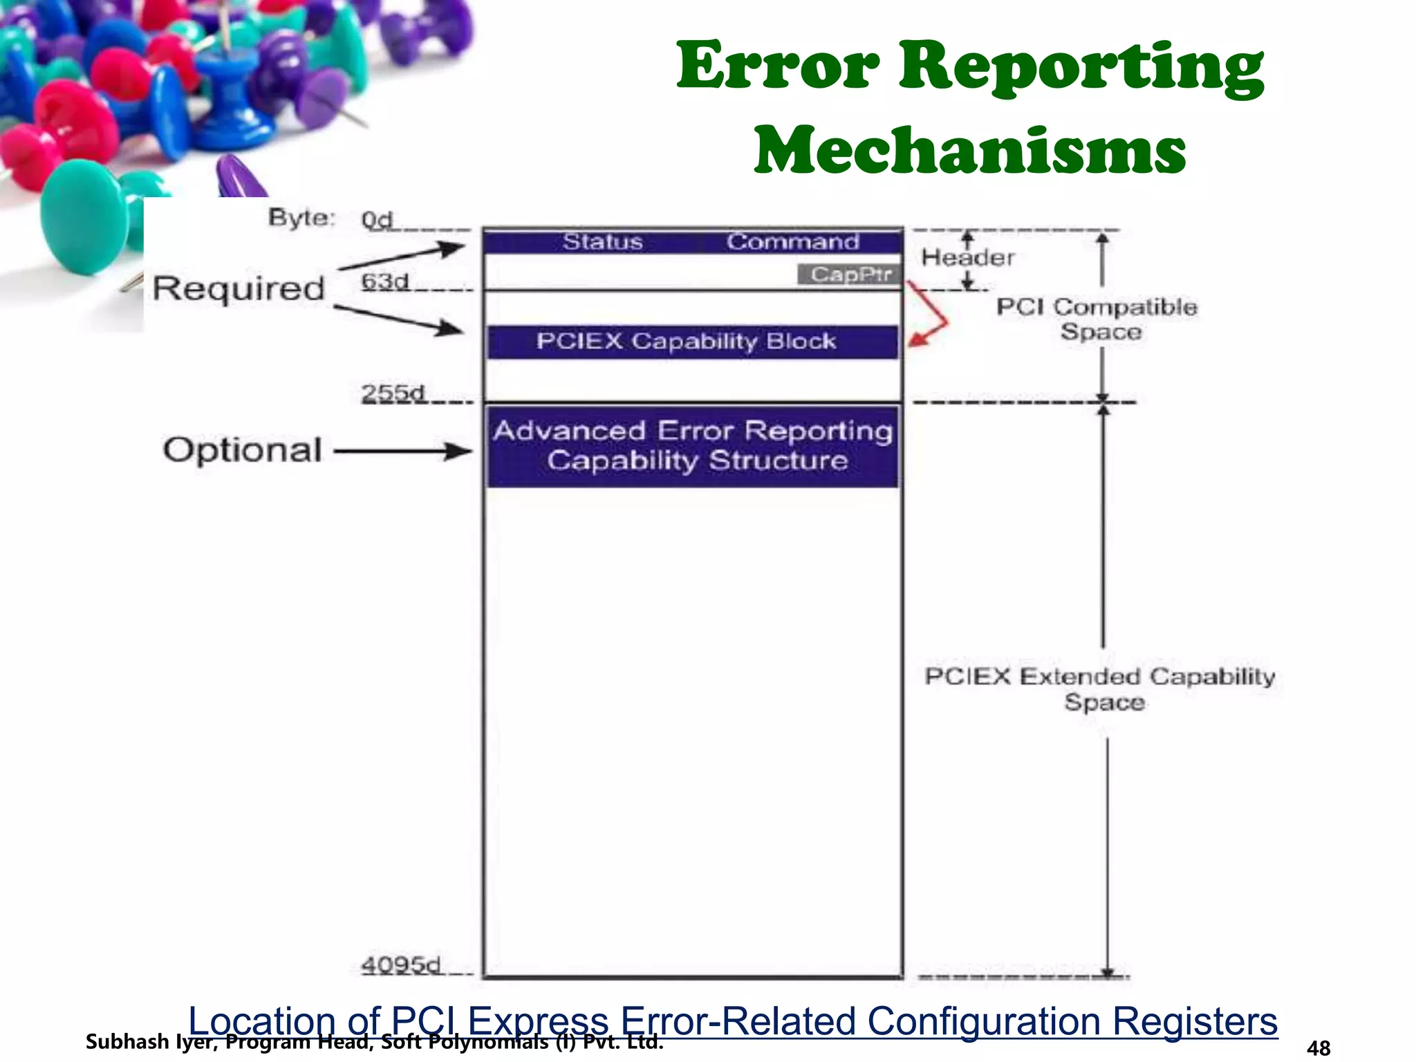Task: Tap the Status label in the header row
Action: (x=602, y=242)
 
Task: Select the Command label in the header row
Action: (x=792, y=242)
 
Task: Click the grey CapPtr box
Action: (x=850, y=274)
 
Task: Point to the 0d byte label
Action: (x=377, y=221)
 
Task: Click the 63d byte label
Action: (x=384, y=282)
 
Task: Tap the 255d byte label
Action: (x=392, y=393)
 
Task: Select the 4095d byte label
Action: (x=400, y=965)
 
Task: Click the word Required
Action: (x=238, y=288)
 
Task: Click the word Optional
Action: (x=242, y=450)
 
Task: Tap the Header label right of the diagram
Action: (x=967, y=258)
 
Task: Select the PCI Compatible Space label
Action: (x=1097, y=319)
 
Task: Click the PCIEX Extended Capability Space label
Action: (x=1101, y=689)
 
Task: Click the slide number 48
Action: (x=1319, y=1048)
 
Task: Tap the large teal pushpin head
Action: (x=83, y=214)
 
